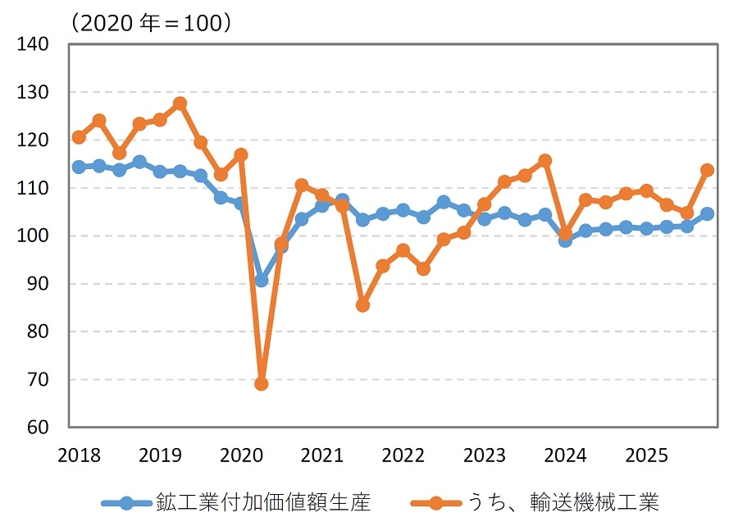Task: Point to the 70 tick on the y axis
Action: [37, 380]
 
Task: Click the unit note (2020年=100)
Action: [151, 22]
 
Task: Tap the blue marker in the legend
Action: [125, 503]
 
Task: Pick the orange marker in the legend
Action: [435, 503]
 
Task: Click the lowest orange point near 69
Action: [262, 383]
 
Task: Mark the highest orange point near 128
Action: [180, 103]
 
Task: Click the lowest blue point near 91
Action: [262, 280]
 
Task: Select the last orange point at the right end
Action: [707, 170]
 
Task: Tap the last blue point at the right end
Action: [707, 214]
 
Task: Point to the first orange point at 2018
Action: [79, 137]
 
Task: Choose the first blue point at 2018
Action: [79, 167]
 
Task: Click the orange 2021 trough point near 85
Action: [362, 305]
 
